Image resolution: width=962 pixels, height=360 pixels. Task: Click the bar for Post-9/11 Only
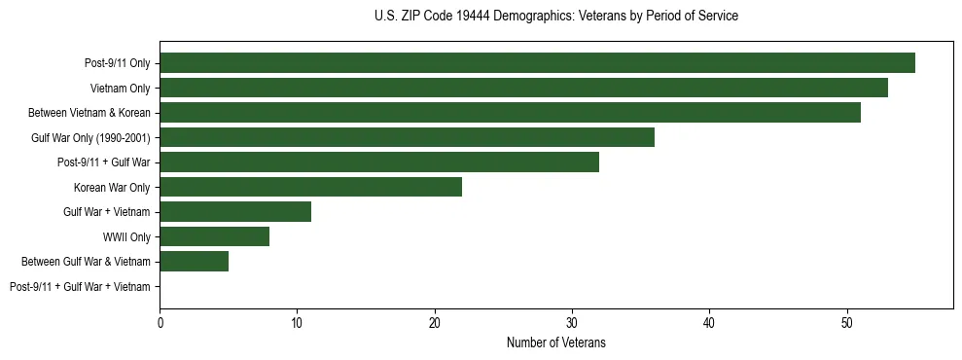tap(537, 63)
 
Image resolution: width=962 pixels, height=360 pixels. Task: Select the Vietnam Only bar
tap(523, 88)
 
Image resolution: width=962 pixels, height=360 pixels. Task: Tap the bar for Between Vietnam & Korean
tap(510, 113)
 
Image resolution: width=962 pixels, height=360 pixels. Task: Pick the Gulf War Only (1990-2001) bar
tap(407, 137)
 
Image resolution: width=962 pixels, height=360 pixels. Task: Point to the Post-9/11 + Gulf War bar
tap(379, 162)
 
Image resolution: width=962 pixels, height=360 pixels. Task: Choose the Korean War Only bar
tap(310, 187)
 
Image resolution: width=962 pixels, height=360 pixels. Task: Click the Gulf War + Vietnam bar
tap(235, 212)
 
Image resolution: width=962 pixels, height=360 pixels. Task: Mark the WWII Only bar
tap(214, 236)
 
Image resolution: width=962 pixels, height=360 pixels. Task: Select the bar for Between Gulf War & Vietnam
tap(194, 262)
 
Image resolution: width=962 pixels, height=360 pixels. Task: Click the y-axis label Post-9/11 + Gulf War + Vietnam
tap(80, 287)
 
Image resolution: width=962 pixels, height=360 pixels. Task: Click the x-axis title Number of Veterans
tap(555, 342)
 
